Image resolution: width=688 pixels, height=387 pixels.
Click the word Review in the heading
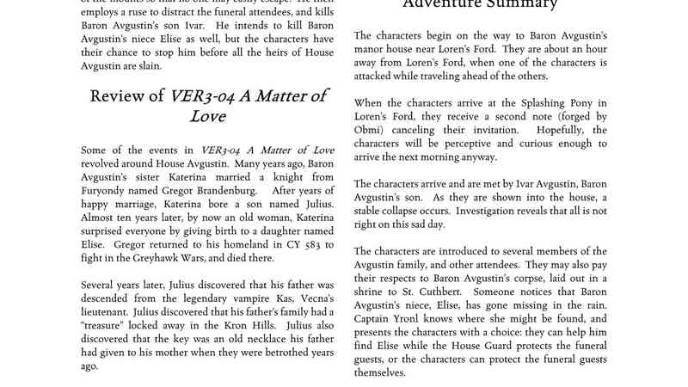(x=119, y=96)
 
